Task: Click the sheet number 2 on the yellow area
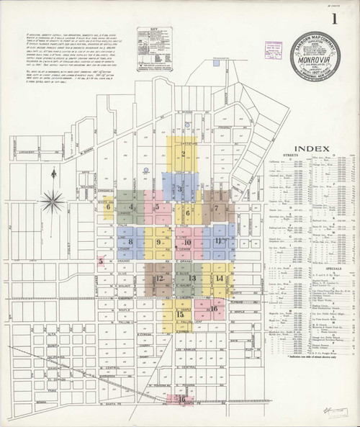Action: point(184,153)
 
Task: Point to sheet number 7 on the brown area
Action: point(216,208)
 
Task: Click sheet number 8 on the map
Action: point(131,242)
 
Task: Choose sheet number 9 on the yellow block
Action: point(158,242)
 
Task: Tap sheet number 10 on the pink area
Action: point(187,242)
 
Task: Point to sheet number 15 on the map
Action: point(179,314)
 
